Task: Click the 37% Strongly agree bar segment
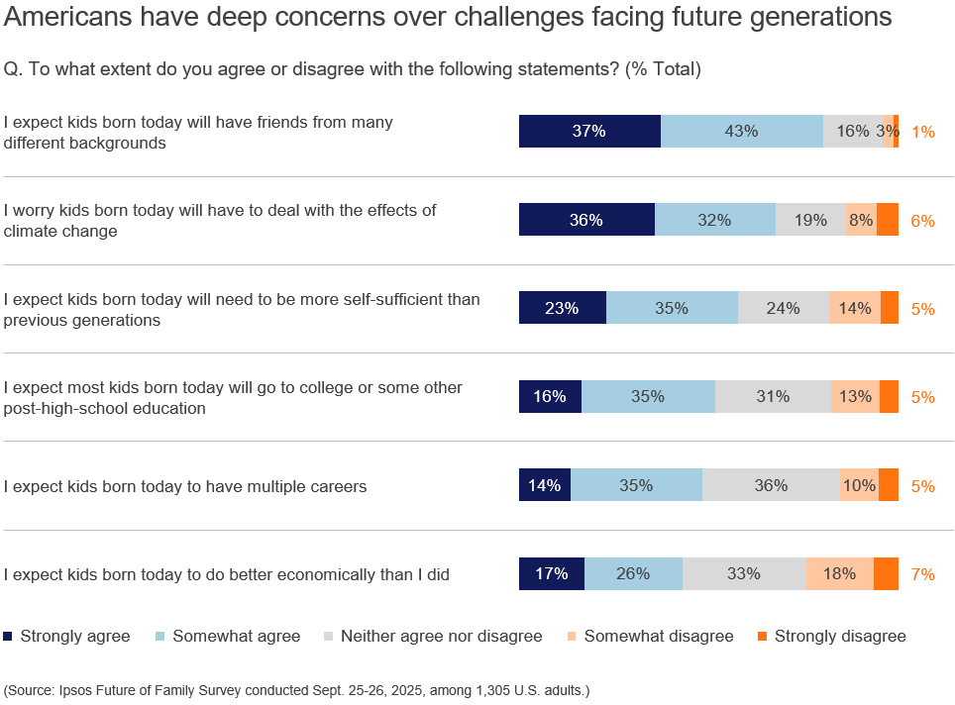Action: pyautogui.click(x=589, y=131)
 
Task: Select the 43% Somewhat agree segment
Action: pyautogui.click(x=741, y=131)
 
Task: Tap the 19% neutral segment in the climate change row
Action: pyautogui.click(x=810, y=220)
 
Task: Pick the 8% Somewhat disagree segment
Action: pyautogui.click(x=861, y=220)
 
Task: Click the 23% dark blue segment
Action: pyautogui.click(x=562, y=308)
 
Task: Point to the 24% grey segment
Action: pyautogui.click(x=783, y=308)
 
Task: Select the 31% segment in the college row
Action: pyautogui.click(x=773, y=396)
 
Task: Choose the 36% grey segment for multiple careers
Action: pyautogui.click(x=770, y=485)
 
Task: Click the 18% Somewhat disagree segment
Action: pyautogui.click(x=839, y=573)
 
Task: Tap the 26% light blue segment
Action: pyautogui.click(x=633, y=573)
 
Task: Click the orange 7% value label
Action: pyautogui.click(x=922, y=574)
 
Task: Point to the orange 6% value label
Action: pyautogui.click(x=922, y=221)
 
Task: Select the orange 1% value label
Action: pyautogui.click(x=922, y=132)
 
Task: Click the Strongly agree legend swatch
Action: pyautogui.click(x=9, y=636)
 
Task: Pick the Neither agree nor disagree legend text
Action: pyautogui.click(x=441, y=636)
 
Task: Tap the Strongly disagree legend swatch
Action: pyautogui.click(x=762, y=636)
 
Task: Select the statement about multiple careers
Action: pyautogui.click(x=185, y=486)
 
